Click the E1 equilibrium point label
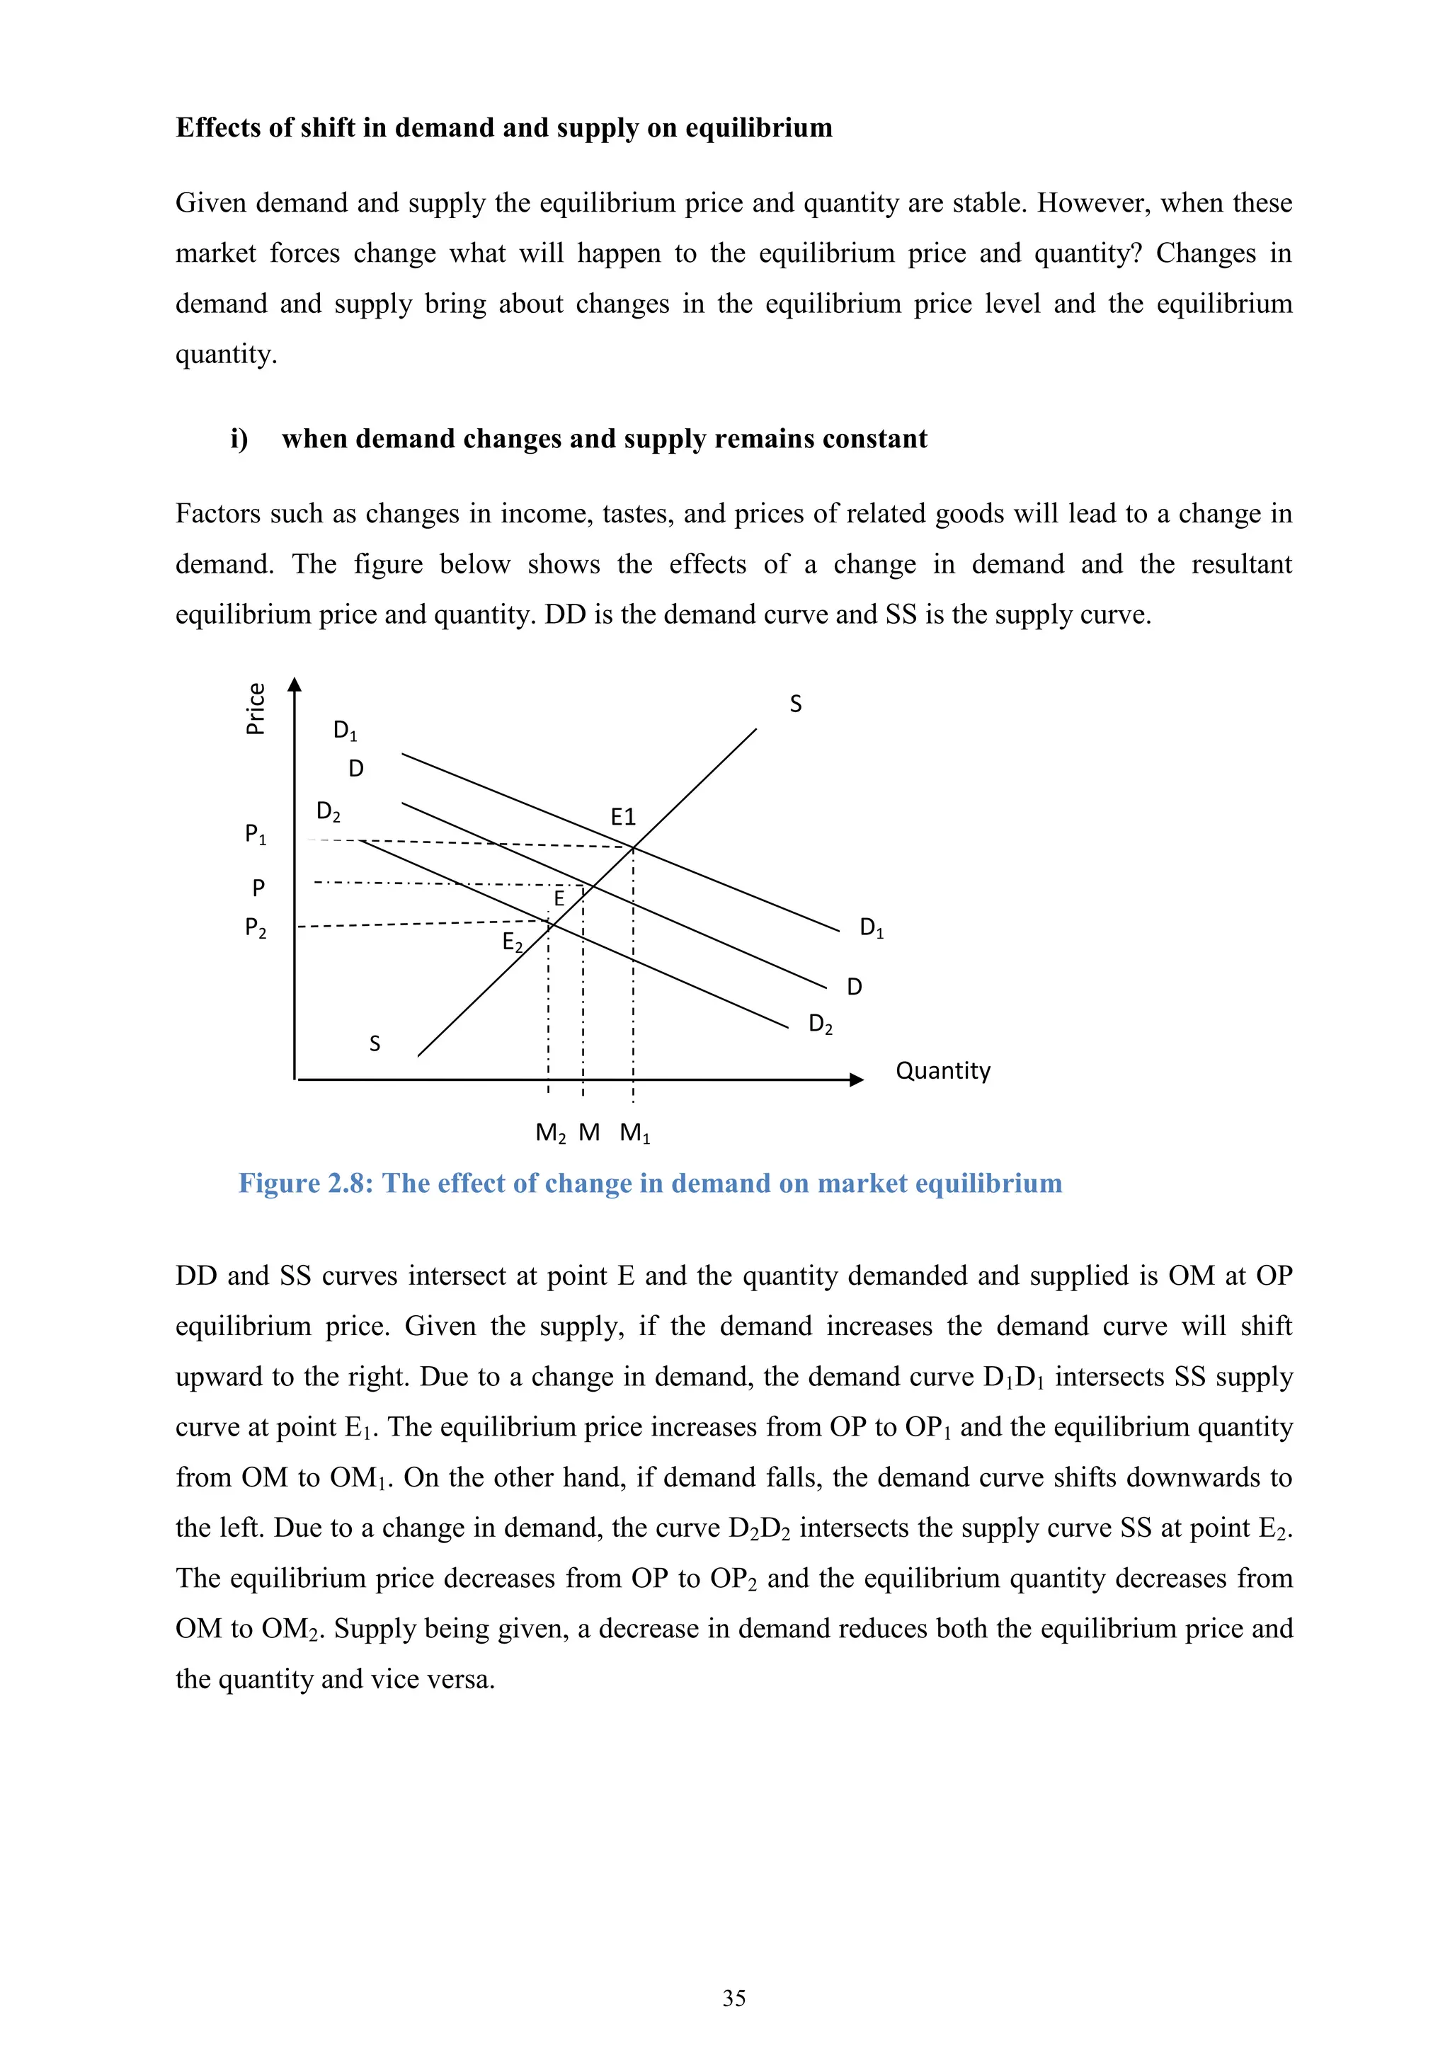622,816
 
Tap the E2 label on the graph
513,942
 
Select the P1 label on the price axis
256,834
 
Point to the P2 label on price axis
256,929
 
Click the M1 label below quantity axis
635,1133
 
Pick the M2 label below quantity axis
550,1133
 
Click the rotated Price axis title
256,708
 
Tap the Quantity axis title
943,1070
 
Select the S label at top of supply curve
796,704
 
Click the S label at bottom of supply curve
375,1043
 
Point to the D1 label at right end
872,928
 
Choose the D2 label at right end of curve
821,1024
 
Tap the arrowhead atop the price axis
295,685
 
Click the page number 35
734,1998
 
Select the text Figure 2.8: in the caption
307,1183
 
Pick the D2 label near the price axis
329,812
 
